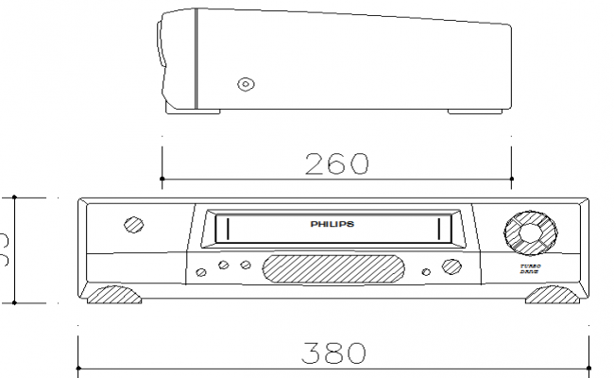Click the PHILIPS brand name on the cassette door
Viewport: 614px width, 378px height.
[333, 225]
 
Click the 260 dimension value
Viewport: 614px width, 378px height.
[336, 163]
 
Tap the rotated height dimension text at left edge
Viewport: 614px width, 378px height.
[5, 251]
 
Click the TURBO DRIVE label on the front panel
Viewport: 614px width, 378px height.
[530, 271]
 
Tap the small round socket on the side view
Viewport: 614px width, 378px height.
[246, 84]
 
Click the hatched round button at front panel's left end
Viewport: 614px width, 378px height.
[133, 226]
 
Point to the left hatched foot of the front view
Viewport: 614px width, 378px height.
[115, 295]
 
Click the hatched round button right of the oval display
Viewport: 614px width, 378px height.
[451, 267]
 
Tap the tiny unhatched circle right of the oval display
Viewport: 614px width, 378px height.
[427, 272]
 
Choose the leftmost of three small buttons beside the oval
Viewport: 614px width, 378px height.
[201, 272]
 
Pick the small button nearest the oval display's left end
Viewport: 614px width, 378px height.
[245, 266]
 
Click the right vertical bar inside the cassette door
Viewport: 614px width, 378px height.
[439, 227]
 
